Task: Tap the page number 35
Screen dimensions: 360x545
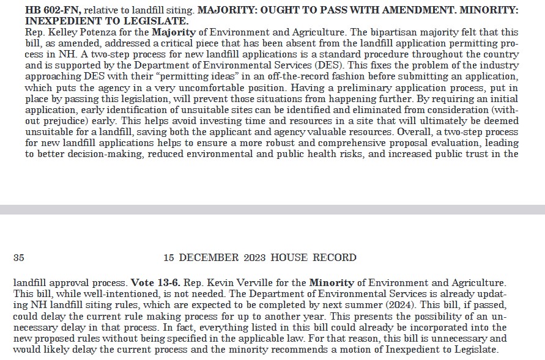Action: point(18,258)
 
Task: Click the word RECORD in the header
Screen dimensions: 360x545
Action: point(335,258)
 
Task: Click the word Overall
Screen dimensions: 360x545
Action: point(412,132)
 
